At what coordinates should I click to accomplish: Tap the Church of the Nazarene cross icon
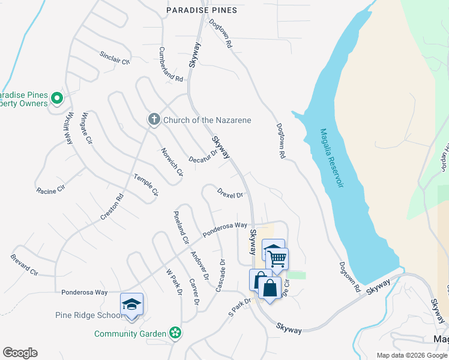[154, 120]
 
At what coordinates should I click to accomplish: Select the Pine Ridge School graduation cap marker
[132, 304]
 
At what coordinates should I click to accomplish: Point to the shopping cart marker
[277, 259]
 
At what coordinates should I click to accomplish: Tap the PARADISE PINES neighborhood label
[202, 10]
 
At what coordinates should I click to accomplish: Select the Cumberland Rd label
[171, 65]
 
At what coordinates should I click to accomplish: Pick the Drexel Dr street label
[230, 195]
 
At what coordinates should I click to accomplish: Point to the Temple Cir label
[146, 184]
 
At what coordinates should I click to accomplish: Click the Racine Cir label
[50, 191]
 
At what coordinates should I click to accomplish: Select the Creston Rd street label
[112, 206]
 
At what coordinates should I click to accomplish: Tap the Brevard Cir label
[24, 265]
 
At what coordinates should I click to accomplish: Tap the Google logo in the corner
[20, 353]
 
